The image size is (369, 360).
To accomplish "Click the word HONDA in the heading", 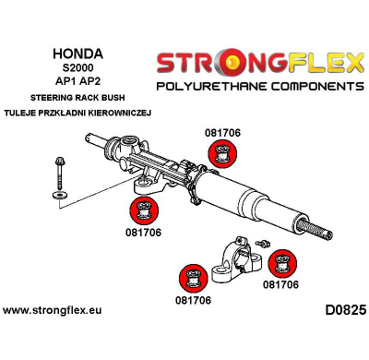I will tap(77, 54).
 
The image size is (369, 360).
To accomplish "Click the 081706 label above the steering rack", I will tap(222, 133).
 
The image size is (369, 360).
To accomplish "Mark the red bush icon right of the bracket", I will tap(280, 264).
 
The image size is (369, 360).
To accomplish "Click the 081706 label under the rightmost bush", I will tap(280, 285).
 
